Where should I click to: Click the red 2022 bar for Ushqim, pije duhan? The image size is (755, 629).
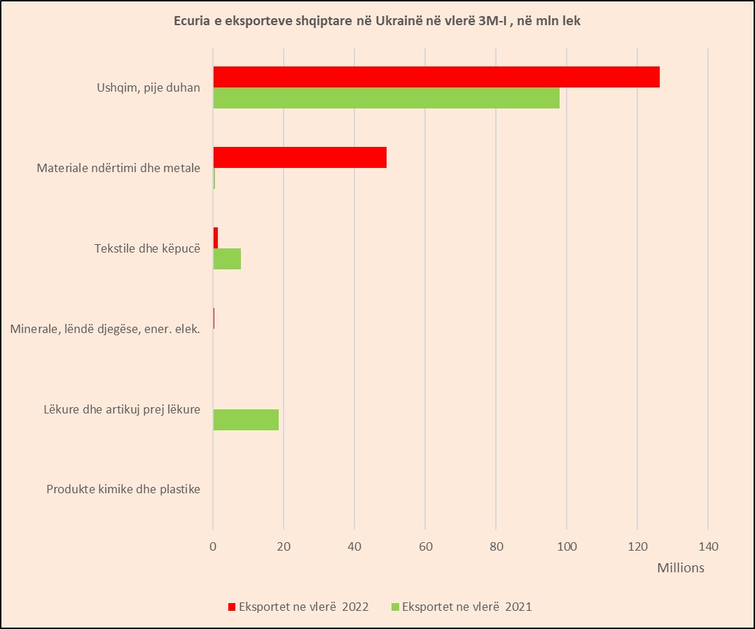[x=436, y=77]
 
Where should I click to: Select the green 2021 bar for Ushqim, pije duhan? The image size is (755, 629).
[x=386, y=98]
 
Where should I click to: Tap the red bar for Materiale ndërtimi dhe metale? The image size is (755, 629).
[x=300, y=157]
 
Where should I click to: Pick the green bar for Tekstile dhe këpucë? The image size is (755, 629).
[x=227, y=259]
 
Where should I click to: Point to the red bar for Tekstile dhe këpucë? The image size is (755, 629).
[x=216, y=238]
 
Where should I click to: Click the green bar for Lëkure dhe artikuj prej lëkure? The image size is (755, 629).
[x=246, y=420]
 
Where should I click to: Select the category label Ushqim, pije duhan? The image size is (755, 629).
[x=148, y=87]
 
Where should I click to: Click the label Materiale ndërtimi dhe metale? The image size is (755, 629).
[x=118, y=168]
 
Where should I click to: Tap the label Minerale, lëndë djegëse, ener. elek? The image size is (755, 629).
[x=106, y=329]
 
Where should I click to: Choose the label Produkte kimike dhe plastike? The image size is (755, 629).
[x=123, y=489]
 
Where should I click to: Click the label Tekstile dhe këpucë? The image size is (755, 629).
[x=147, y=248]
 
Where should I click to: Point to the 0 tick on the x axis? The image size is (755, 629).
[x=213, y=546]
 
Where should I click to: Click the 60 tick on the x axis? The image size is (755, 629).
[x=425, y=546]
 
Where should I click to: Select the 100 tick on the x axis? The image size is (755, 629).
[x=567, y=546]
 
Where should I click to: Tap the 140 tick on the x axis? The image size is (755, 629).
[x=708, y=546]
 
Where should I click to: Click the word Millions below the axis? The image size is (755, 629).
[x=680, y=567]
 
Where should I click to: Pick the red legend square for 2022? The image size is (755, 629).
[x=232, y=607]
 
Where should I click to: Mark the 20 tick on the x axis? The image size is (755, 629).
[x=284, y=546]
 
